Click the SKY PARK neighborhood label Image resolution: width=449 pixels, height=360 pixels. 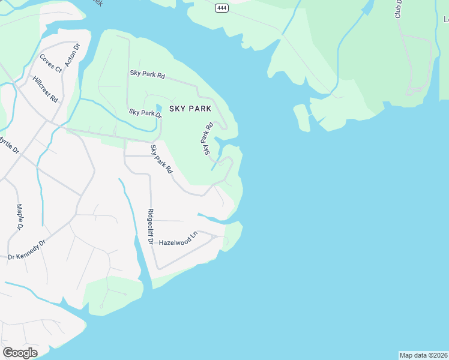point(190,109)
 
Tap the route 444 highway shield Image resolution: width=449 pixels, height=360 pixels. point(223,7)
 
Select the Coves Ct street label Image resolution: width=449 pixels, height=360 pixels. point(50,63)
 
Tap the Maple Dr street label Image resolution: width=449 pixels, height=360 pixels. point(19,217)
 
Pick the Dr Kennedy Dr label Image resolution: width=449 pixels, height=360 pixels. point(26,251)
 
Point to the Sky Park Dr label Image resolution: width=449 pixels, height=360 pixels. point(145,113)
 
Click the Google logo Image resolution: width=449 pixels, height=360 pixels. point(20,353)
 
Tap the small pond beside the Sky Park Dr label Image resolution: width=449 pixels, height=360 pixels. point(167,107)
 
